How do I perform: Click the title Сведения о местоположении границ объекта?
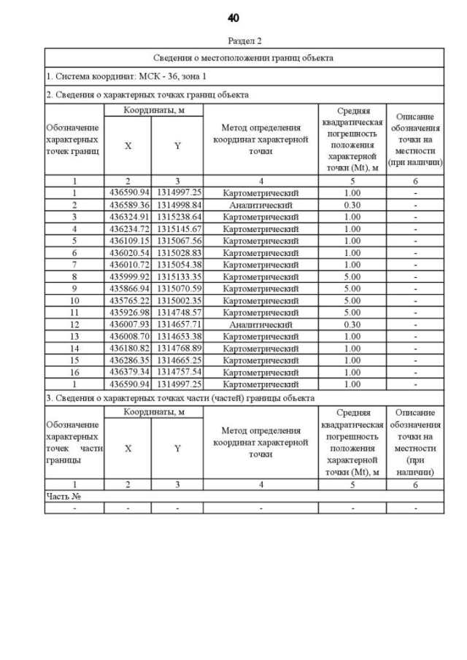[x=244, y=58]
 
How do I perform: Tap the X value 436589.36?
[x=128, y=205]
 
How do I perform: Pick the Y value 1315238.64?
[x=177, y=217]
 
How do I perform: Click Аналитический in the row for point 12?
[x=260, y=324]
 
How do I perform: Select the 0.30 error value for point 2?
[x=352, y=205]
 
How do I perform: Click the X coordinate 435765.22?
[x=128, y=300]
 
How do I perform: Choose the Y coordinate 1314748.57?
[x=177, y=312]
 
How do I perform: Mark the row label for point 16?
[x=74, y=371]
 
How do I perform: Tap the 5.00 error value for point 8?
[x=352, y=276]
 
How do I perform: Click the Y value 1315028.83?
[x=177, y=252]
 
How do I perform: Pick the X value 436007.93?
[x=128, y=324]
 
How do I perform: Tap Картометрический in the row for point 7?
[x=260, y=264]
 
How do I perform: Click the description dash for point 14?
[x=415, y=348]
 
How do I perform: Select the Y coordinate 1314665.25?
[x=177, y=360]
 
